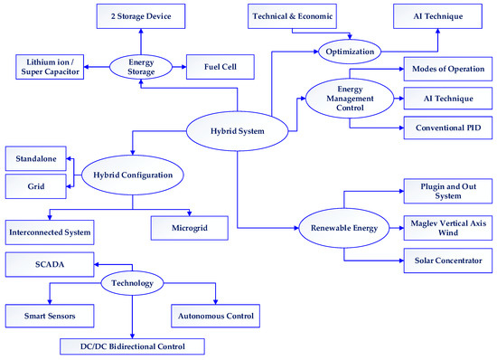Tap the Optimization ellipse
pyautogui.click(x=350, y=52)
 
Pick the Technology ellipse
pyautogui.click(x=132, y=281)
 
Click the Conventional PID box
pyautogui.click(x=442, y=128)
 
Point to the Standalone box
pyautogui.click(x=35, y=160)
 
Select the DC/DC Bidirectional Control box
pyautogui.click(x=132, y=346)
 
